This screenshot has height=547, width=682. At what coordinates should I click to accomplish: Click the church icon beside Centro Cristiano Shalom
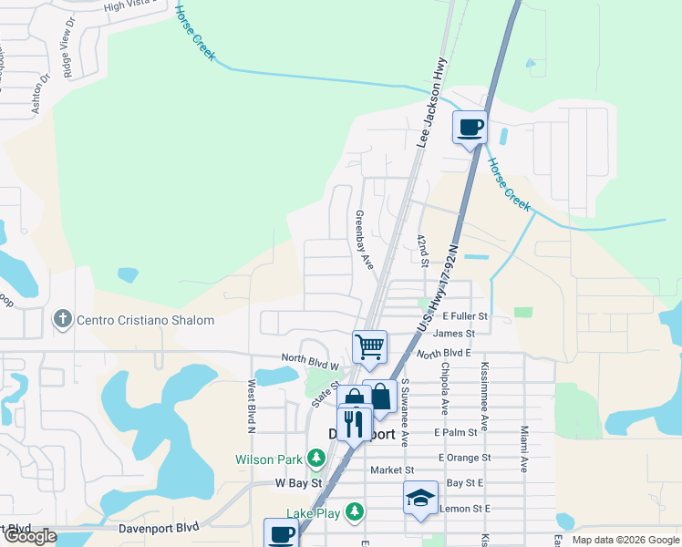(x=62, y=320)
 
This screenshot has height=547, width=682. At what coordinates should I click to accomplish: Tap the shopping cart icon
(x=369, y=346)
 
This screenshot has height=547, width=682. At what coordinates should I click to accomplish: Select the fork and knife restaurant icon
(x=354, y=422)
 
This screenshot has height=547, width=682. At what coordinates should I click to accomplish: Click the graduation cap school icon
(x=420, y=499)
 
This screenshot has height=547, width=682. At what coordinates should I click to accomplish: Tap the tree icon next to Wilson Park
(x=315, y=458)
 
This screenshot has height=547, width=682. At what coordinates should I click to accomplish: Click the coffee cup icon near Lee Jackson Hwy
(x=470, y=128)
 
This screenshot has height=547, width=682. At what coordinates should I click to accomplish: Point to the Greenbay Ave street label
(x=365, y=240)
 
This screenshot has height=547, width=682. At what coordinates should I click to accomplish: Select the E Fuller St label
(x=465, y=316)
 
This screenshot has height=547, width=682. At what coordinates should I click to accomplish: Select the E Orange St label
(x=463, y=457)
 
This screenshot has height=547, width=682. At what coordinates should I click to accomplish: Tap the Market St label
(x=392, y=470)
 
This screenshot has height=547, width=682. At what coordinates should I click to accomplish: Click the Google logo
(x=29, y=537)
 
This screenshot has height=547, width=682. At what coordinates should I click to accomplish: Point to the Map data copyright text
(x=625, y=540)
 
